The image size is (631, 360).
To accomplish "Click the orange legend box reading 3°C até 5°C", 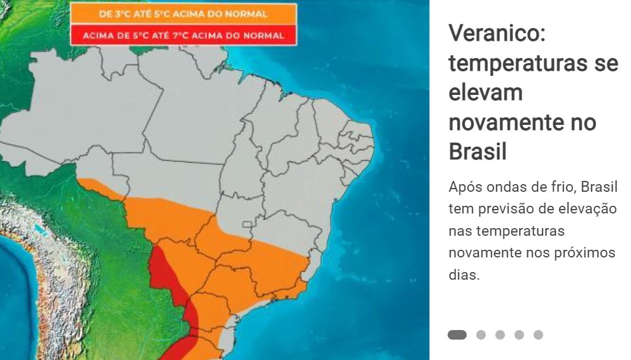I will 183,13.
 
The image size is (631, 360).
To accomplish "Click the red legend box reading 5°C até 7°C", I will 183,35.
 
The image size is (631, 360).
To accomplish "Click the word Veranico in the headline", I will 497,33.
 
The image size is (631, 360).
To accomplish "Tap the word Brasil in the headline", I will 478,152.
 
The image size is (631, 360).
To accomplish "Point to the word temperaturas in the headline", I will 533,63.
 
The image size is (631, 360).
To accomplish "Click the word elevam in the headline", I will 485,92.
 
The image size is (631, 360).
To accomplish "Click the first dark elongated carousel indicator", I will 457,335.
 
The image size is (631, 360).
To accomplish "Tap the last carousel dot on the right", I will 538,335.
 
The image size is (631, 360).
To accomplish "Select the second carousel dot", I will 481,335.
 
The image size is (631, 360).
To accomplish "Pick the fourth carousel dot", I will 519,335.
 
